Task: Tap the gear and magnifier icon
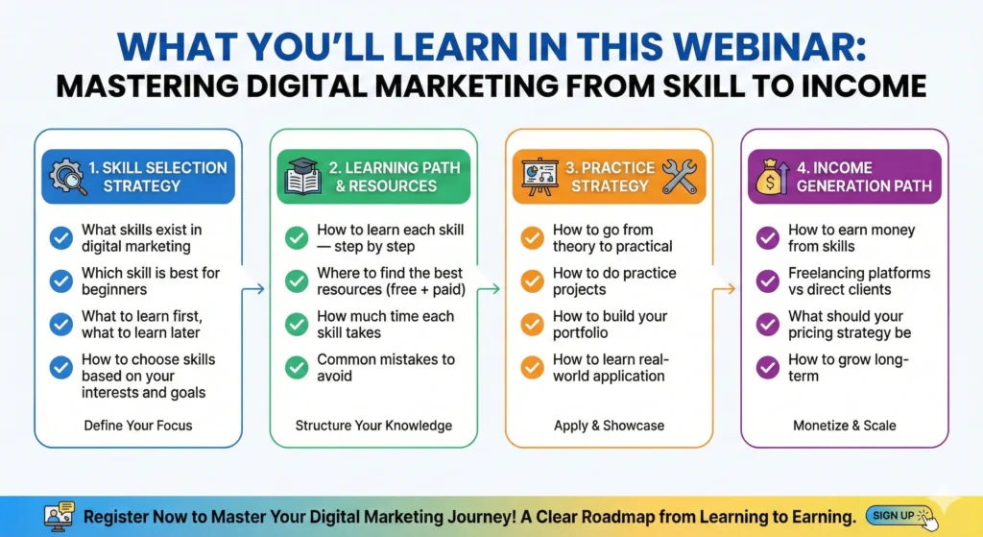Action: (x=67, y=177)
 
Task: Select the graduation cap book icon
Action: (x=303, y=177)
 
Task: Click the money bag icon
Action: (x=772, y=177)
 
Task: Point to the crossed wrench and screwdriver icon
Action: (x=680, y=177)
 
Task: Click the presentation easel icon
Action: (x=539, y=177)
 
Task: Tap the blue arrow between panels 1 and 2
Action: (x=253, y=289)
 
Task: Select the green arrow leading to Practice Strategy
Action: (x=489, y=289)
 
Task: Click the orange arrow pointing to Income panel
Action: (x=724, y=289)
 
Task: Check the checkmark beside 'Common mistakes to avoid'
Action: (x=297, y=368)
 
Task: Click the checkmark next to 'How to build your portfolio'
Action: (x=532, y=325)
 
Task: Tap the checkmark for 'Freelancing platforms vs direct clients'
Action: (x=768, y=281)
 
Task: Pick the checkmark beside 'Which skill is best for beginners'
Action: (x=60, y=281)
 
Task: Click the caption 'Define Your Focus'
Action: (x=138, y=426)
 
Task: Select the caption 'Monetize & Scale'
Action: (x=845, y=426)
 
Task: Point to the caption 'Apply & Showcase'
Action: (x=609, y=426)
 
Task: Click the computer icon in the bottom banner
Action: (x=60, y=517)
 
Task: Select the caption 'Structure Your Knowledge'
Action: (x=373, y=426)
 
